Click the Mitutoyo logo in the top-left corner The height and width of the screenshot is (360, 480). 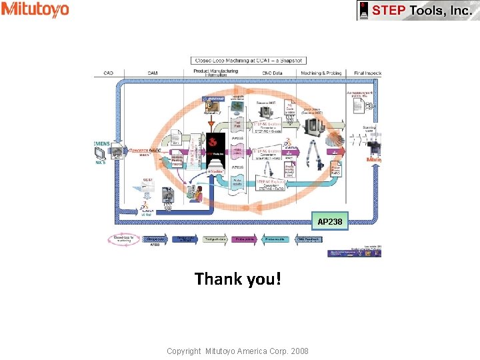pos(35,9)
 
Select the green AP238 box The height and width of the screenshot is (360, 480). pos(330,221)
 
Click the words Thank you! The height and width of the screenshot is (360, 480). pos(238,279)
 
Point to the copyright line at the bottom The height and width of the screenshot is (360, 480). pos(237,351)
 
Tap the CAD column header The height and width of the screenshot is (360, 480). pos(108,73)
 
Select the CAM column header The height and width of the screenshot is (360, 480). pos(153,73)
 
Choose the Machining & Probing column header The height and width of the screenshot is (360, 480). pos(321,73)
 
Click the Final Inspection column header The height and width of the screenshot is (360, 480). pos(369,73)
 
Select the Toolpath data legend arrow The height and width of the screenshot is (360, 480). pos(215,239)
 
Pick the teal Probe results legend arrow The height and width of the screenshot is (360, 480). pos(275,239)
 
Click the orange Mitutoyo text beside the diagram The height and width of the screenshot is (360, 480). pos(374,160)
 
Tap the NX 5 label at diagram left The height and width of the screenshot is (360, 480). pos(101,163)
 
